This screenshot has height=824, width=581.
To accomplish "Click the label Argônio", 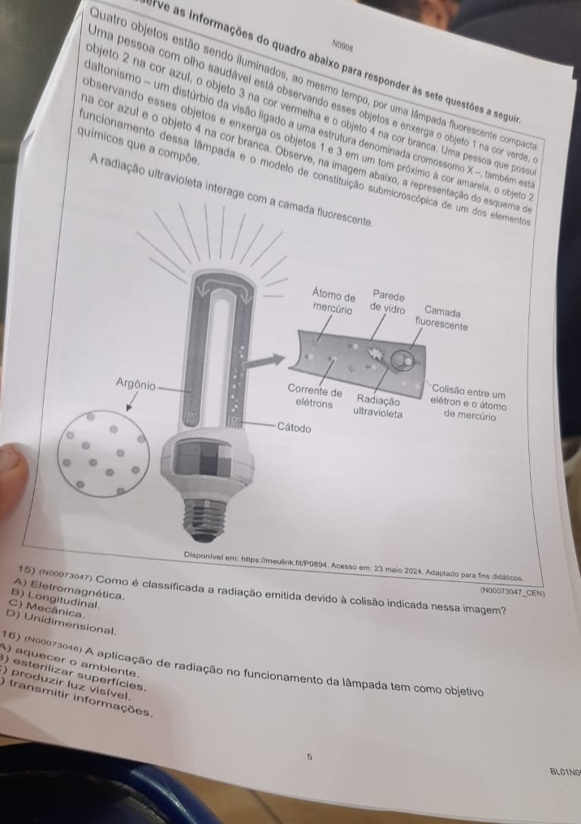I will [136, 382].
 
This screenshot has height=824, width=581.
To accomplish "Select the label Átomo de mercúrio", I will [334, 302].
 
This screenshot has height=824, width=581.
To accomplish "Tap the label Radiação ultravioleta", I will [377, 405].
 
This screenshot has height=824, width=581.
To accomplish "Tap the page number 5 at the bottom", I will [308, 757].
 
